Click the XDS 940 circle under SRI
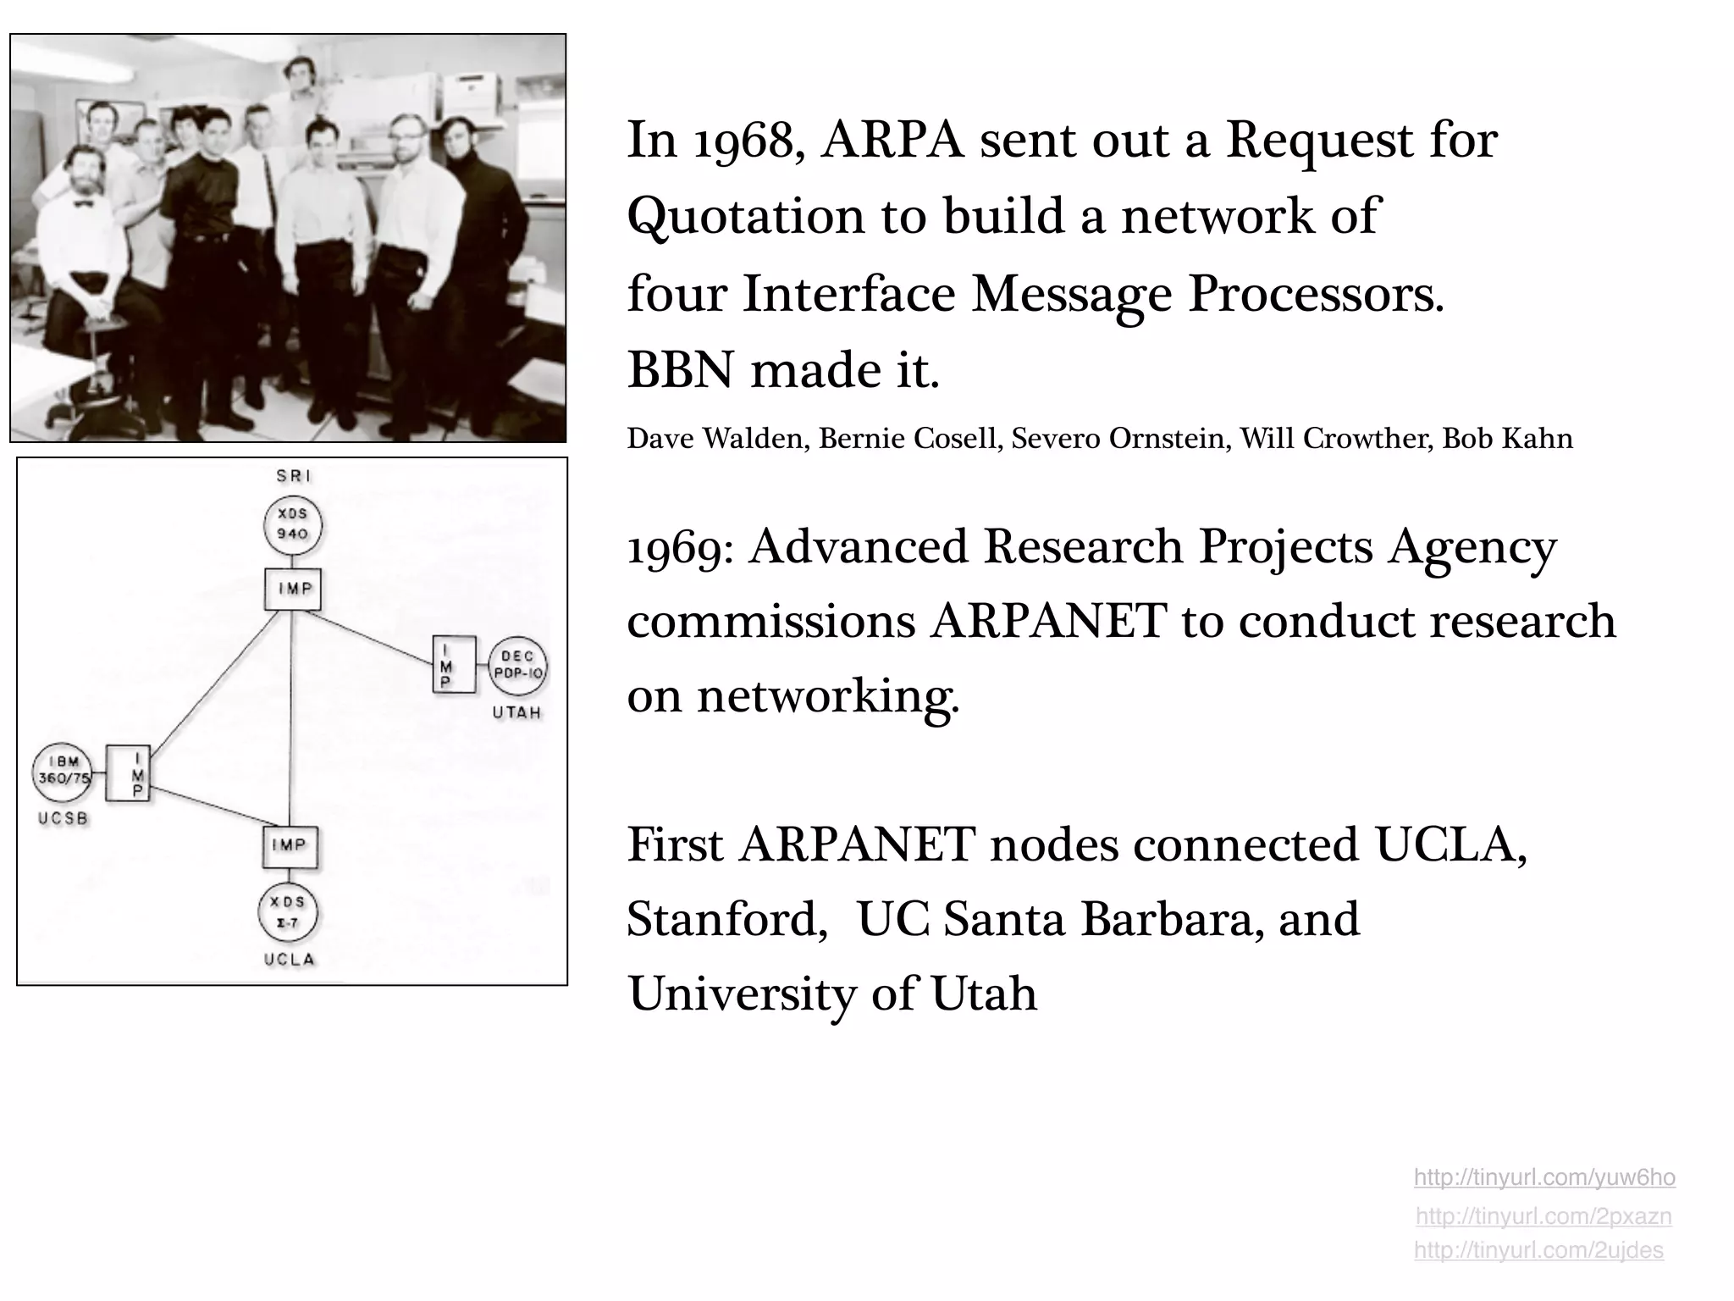tap(293, 524)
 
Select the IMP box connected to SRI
tap(293, 589)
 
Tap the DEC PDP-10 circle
tap(517, 666)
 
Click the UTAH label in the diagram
tap(516, 713)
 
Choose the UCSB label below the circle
tap(64, 819)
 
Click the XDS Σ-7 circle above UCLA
tap(289, 913)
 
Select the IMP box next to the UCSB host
tap(128, 773)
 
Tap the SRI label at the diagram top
tap(294, 476)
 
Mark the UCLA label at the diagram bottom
tap(290, 960)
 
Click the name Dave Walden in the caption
tap(715, 439)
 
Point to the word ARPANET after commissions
tap(1048, 622)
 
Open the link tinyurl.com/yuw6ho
tap(1544, 1177)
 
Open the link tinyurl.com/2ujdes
tap(1538, 1250)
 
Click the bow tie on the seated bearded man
tap(82, 202)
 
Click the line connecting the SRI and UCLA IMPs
tap(290, 720)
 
